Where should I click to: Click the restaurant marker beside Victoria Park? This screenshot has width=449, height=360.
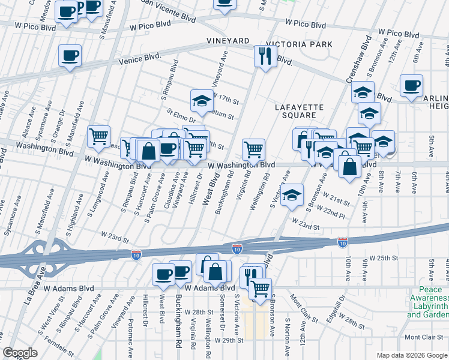point(265,57)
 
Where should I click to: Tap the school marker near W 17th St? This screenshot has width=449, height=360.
point(202,101)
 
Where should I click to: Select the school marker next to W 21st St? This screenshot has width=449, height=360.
point(292,195)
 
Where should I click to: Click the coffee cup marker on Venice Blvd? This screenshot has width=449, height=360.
point(70,56)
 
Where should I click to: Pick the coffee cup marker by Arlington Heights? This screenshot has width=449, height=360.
point(411,86)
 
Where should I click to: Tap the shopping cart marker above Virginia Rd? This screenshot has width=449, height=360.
point(254,149)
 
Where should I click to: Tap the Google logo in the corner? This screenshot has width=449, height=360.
point(20,353)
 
